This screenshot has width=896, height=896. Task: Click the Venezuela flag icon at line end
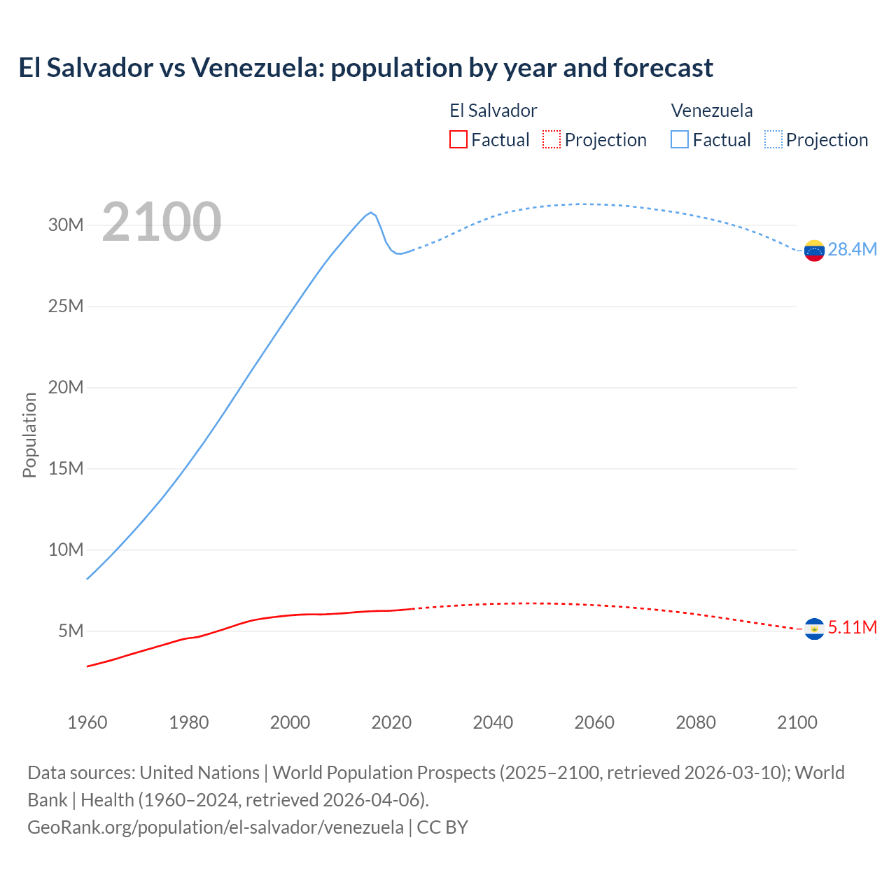(814, 251)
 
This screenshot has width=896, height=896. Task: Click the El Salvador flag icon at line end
(814, 629)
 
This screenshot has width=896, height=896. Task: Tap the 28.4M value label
(852, 250)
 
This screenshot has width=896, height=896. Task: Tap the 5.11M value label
(852, 627)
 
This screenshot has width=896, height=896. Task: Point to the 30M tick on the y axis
(66, 225)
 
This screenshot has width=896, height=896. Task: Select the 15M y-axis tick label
(66, 468)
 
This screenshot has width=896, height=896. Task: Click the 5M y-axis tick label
(71, 631)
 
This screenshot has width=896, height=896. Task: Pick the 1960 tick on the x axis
(87, 722)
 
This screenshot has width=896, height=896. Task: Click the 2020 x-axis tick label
(391, 722)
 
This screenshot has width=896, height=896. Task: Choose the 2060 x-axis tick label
(594, 722)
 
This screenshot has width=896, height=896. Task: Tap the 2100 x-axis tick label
(797, 722)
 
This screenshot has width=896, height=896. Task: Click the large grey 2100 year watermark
(162, 222)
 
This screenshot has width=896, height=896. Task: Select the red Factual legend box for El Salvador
(458, 139)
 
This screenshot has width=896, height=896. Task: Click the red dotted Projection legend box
(552, 139)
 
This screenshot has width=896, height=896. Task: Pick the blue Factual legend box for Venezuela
(679, 139)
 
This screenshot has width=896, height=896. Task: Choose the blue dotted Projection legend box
(773, 139)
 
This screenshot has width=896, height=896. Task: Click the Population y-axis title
(29, 435)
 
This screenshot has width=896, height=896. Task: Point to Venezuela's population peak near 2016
(370, 212)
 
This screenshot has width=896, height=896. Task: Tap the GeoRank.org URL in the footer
(216, 827)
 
